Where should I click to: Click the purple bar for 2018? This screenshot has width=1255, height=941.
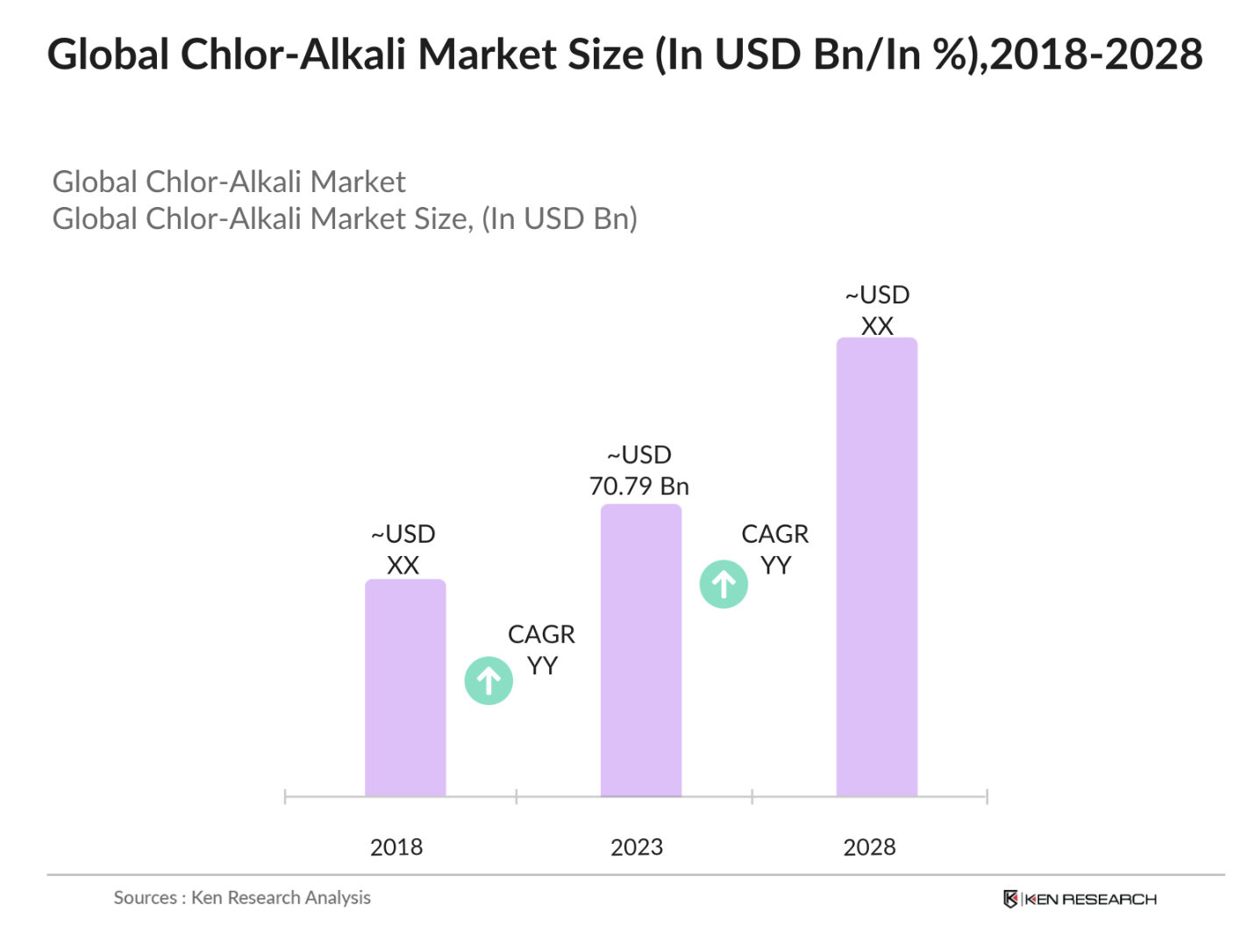point(405,688)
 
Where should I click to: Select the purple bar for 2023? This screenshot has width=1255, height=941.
point(640,650)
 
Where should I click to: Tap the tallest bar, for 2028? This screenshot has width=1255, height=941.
point(876,567)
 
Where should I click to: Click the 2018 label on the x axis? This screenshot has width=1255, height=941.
point(396,847)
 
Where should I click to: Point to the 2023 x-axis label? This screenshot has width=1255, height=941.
point(637,847)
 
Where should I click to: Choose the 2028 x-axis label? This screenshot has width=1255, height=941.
point(869,847)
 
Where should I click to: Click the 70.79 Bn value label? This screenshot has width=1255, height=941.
point(639,486)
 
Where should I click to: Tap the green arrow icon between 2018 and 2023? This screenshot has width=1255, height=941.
point(488,681)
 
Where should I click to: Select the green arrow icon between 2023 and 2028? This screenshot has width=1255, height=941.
point(724,584)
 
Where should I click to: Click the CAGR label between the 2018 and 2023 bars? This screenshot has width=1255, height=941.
point(541,634)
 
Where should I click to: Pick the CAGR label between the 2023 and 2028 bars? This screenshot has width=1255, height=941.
point(775,534)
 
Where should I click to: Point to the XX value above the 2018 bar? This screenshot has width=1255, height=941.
point(403,566)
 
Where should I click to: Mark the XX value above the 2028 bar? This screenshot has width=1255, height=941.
point(877,326)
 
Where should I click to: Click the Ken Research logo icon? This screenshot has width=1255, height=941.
point(1010,899)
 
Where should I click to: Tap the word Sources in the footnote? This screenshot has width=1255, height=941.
point(145,898)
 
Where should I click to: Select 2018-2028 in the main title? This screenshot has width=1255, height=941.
point(1096,54)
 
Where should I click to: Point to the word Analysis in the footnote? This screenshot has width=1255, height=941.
point(338,898)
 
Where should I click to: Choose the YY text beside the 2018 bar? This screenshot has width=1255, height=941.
point(542,667)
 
